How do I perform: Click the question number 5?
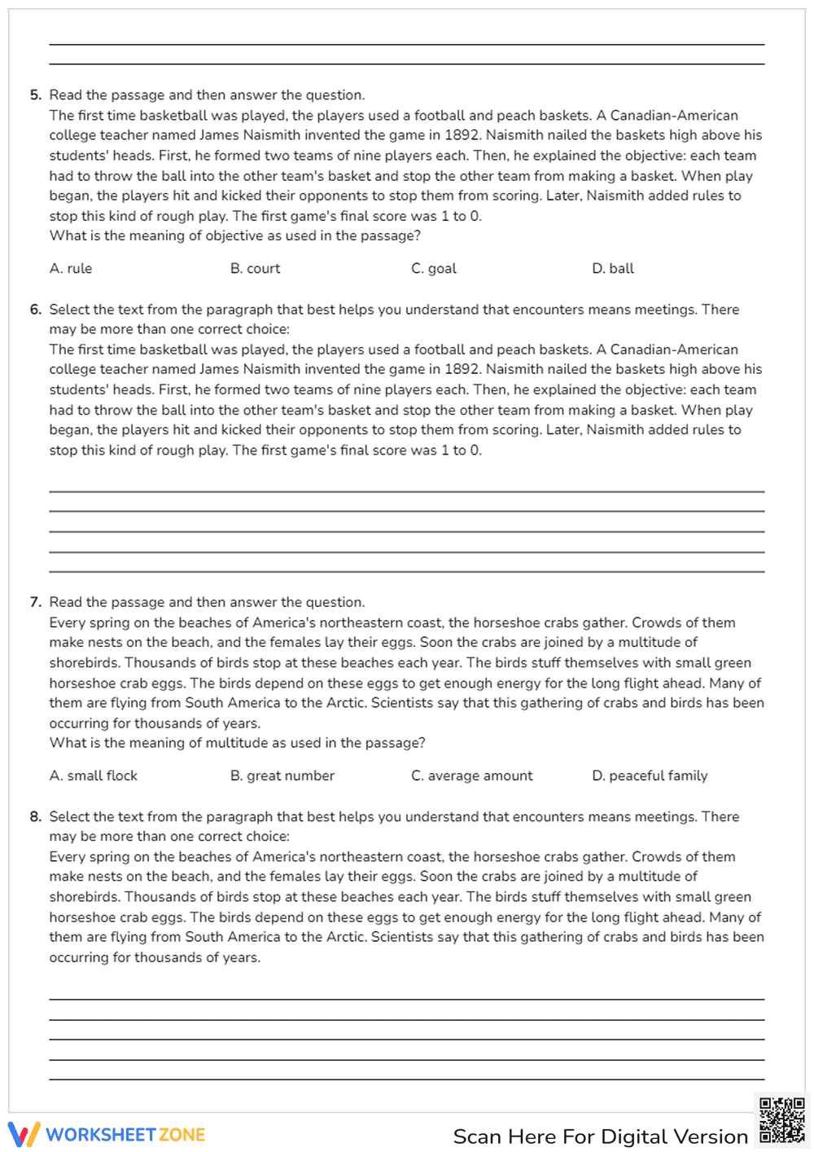tap(35, 95)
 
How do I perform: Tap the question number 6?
tap(35, 310)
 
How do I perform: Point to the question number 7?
tap(35, 602)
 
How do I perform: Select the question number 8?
tap(35, 816)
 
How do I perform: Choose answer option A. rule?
tap(71, 269)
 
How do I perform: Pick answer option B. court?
tap(255, 269)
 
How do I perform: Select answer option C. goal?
tap(434, 269)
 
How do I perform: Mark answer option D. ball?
tap(613, 269)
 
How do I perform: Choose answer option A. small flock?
tap(94, 776)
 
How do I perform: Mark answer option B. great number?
tap(282, 776)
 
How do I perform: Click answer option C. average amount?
tap(472, 776)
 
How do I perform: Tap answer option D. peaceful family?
tap(650, 776)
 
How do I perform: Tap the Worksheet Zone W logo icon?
tap(24, 1134)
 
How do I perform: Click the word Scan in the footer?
tap(477, 1137)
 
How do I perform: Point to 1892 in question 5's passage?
tap(462, 135)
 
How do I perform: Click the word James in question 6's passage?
tap(219, 369)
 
